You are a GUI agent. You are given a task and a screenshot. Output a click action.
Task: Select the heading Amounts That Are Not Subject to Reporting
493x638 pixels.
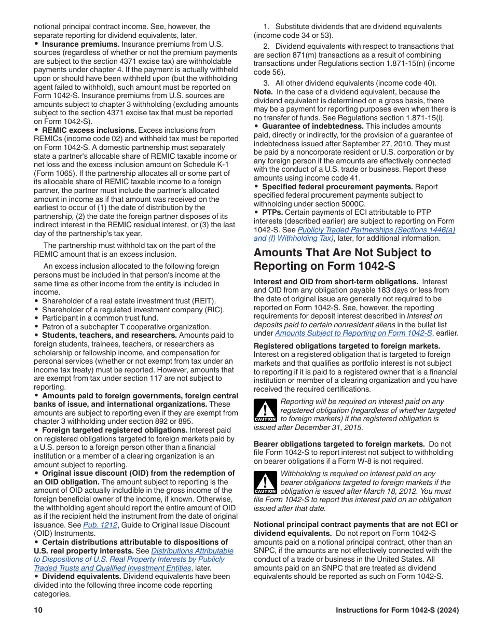[x=342, y=259]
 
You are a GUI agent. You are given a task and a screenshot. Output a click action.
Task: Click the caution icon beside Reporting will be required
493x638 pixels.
[x=265, y=410]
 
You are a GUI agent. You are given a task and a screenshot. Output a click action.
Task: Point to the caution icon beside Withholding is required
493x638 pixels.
[x=265, y=482]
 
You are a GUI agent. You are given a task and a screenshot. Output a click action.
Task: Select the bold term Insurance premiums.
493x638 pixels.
[x=80, y=44]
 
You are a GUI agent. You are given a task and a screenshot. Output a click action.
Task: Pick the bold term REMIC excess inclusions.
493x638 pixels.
[x=89, y=130]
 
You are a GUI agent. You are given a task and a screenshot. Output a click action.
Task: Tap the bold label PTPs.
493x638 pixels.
[x=272, y=213]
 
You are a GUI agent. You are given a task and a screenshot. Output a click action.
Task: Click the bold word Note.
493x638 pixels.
[x=263, y=92]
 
